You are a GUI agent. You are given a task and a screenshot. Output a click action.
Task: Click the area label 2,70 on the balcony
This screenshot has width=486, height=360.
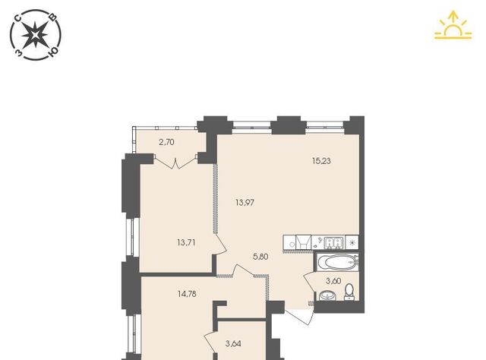pyautogui.click(x=166, y=142)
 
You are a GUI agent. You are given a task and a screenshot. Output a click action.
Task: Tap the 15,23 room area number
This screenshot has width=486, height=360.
pyautogui.click(x=321, y=161)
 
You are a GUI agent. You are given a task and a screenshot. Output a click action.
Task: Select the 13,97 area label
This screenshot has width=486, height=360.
pyautogui.click(x=245, y=203)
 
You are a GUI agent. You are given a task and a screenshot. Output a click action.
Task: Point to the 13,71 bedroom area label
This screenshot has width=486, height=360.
pyautogui.click(x=186, y=242)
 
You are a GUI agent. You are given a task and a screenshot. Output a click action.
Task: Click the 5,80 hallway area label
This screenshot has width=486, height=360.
pyautogui.click(x=260, y=257)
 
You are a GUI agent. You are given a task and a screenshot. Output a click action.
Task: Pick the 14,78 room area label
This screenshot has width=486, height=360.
pyautogui.click(x=187, y=294)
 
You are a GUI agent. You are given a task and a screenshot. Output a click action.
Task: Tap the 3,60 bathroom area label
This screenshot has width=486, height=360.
pyautogui.click(x=333, y=281)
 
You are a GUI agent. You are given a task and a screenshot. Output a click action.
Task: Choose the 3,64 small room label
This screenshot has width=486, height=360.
pyautogui.click(x=233, y=343)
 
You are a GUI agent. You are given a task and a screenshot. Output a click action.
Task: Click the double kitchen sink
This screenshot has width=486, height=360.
pyautogui.click(x=333, y=243)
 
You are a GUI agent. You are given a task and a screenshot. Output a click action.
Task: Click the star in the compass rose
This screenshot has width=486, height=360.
pyautogui.click(x=36, y=34)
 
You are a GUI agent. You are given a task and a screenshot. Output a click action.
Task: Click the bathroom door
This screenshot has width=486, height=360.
pyautogui.click(x=309, y=283)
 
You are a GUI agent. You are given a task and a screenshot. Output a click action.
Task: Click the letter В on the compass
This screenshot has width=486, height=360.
pyautogui.click(x=53, y=17)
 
